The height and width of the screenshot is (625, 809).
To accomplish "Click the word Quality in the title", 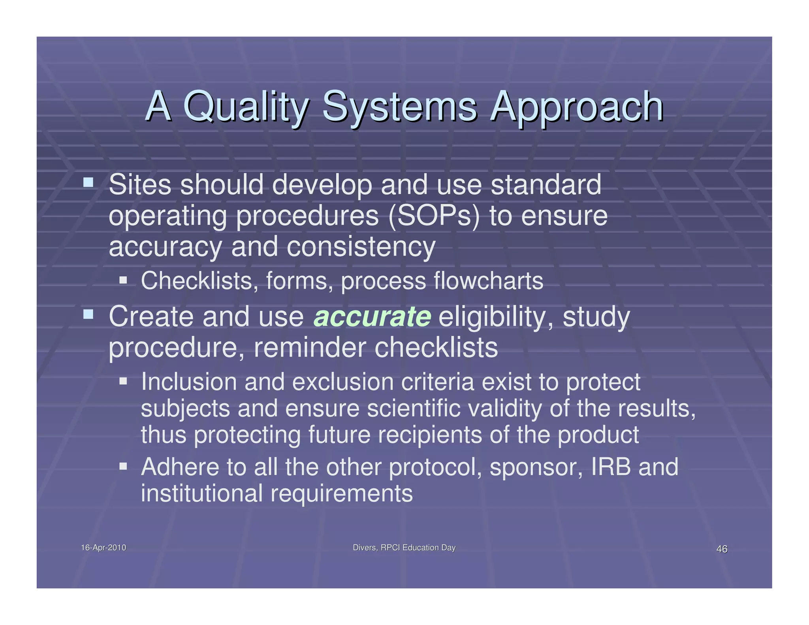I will click(x=245, y=107).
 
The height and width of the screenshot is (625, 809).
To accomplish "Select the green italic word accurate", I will click(x=372, y=317).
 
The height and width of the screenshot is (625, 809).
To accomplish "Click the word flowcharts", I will click(x=488, y=281).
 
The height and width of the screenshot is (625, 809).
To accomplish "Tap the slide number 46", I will click(x=722, y=549).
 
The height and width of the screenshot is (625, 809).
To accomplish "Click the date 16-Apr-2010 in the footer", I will click(x=103, y=548).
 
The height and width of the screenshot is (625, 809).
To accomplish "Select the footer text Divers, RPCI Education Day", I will click(x=404, y=548).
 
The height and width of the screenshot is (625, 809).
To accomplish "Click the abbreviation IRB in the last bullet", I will click(x=611, y=467).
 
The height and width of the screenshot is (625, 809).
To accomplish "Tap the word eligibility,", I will click(x=496, y=318).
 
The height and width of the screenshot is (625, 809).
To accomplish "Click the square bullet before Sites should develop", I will click(x=88, y=182).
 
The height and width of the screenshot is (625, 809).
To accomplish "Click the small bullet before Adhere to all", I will click(x=123, y=466).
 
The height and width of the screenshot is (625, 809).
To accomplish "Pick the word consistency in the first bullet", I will click(x=360, y=247).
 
